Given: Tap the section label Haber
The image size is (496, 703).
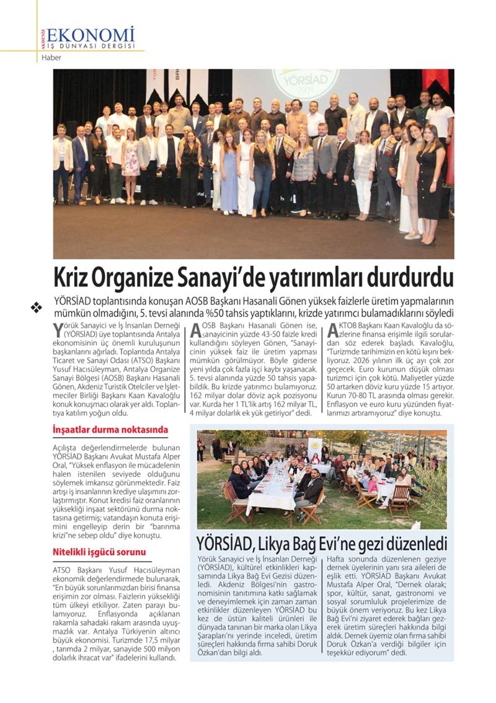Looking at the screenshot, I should [51, 58].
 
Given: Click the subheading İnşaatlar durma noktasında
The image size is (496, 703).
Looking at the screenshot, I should [110, 430].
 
